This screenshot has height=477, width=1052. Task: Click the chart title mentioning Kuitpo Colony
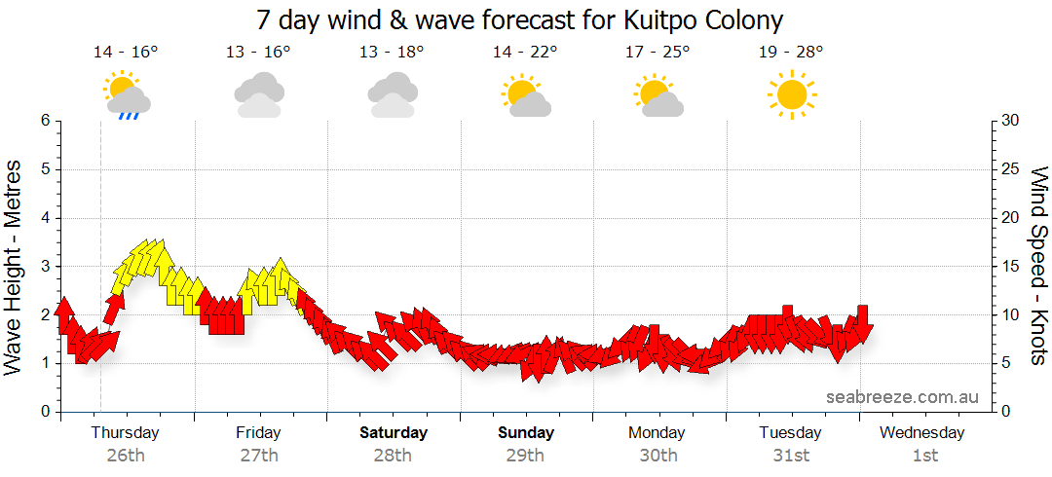tap(520, 19)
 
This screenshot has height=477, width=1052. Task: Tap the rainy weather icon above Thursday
tap(126, 94)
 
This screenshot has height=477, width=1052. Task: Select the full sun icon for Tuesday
tap(791, 94)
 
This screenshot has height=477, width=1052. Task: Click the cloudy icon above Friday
tap(259, 94)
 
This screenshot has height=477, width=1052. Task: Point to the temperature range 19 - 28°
tap(791, 52)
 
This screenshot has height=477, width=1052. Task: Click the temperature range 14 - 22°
tap(525, 52)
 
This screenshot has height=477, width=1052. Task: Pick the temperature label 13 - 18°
tap(393, 52)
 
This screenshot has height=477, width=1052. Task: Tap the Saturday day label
tap(393, 432)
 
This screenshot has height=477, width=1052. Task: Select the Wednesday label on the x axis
tap(922, 432)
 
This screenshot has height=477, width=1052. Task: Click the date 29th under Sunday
tap(525, 455)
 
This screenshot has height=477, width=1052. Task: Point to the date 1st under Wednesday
tap(924, 455)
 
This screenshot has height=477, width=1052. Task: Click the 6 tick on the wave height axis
tap(45, 121)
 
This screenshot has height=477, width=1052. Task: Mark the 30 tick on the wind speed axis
tap(1010, 121)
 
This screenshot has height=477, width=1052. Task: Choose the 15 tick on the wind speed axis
tap(1010, 266)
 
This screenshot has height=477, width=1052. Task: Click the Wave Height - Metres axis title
tap(15, 266)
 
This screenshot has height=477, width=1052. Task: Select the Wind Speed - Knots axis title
tap(1037, 266)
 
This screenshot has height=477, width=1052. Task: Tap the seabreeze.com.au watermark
tap(902, 397)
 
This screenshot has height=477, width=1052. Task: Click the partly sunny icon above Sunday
tap(525, 94)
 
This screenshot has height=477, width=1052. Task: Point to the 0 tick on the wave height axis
tap(45, 412)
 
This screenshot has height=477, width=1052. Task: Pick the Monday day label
tap(657, 432)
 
